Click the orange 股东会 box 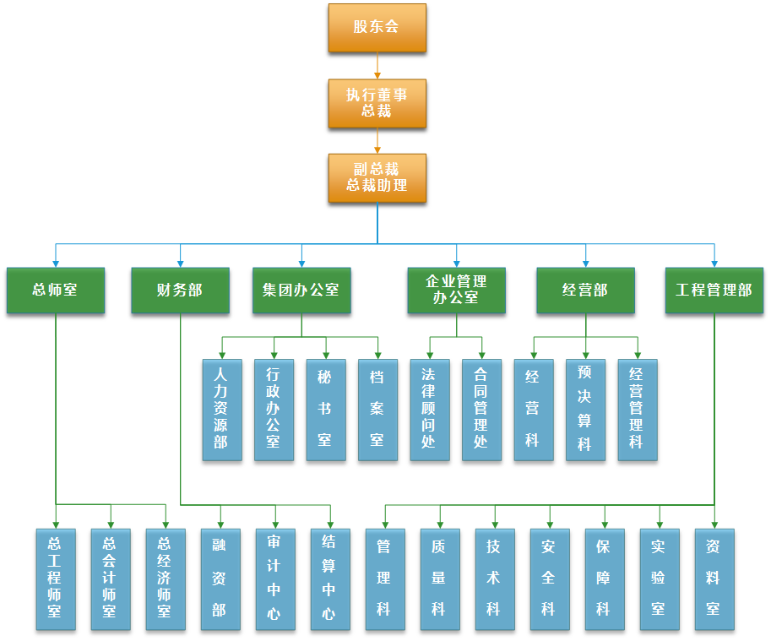pos(377,27)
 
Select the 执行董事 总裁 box pos(377,103)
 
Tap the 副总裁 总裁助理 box pos(377,177)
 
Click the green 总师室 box pos(56,291)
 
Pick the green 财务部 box pos(180,291)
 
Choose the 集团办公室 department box pos(301,291)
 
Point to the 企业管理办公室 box pos(456,291)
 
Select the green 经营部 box pos(585,291)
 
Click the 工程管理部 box pos(714,291)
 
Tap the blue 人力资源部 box pos(221,410)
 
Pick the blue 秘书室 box pos(325,410)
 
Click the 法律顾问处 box pos(429,410)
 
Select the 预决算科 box pos(585,410)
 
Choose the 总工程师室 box pos(56,579)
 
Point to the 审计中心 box pos(275,579)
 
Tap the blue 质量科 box pos(439,579)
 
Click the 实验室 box pos(659,579)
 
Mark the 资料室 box pos(714,579)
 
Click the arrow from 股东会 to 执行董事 pos(377,65)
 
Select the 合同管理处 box pos(481,410)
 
